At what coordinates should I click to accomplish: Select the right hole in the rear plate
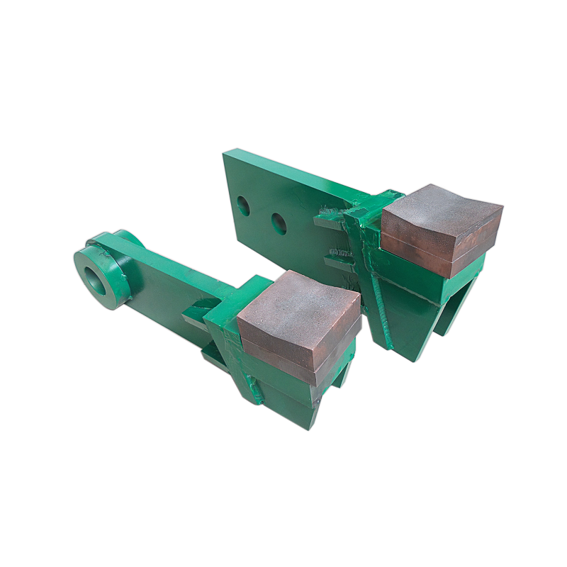click(279, 225)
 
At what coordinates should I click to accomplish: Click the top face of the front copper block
click(298, 305)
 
